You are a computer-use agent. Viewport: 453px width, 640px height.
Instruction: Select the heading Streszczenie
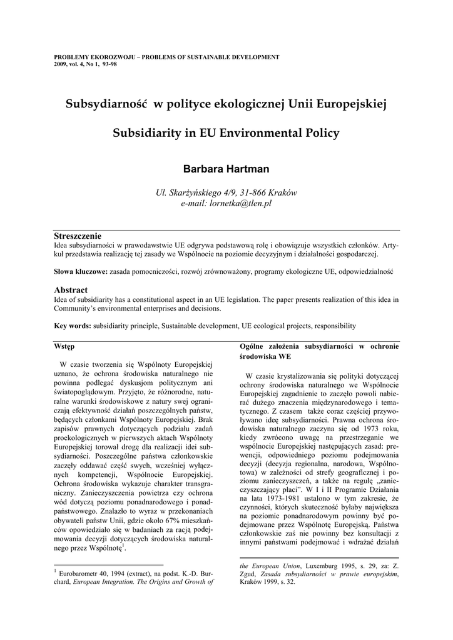pos(78,236)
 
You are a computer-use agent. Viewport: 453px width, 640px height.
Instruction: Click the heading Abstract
pos(71,290)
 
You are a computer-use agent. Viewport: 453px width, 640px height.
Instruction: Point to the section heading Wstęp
pos(64,346)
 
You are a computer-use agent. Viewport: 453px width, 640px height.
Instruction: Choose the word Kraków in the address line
pos(282,192)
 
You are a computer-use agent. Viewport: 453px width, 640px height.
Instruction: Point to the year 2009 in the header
pos(61,64)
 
